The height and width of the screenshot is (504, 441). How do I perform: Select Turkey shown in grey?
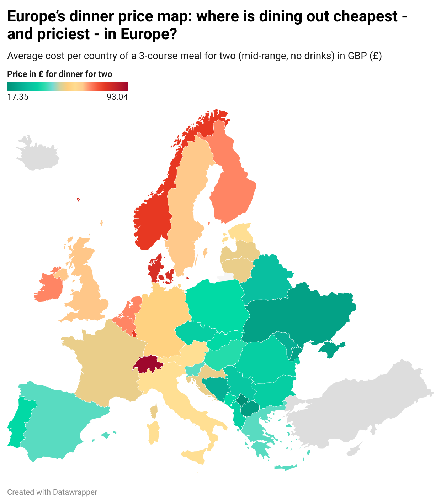tap(356, 409)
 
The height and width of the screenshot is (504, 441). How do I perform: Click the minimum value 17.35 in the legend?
tap(18, 97)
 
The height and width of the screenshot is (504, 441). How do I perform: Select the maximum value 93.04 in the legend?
tap(117, 97)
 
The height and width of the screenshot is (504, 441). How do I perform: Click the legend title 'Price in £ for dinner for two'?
tap(60, 74)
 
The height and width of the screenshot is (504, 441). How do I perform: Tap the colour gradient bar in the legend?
tap(68, 86)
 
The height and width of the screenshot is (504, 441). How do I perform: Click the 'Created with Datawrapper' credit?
tap(52, 492)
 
